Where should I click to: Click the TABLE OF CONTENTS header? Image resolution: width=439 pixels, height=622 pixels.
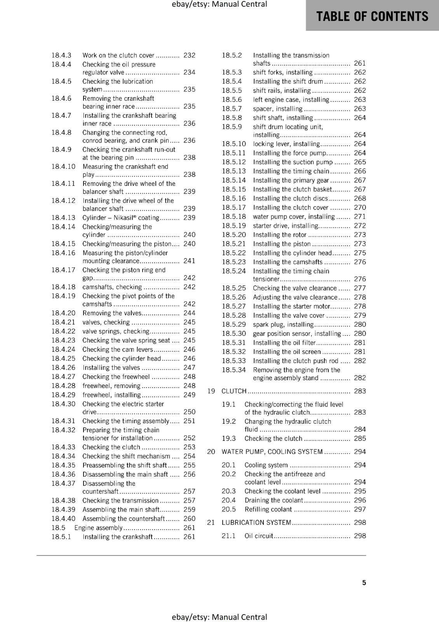(372, 16)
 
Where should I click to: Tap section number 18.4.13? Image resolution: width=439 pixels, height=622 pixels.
(63, 218)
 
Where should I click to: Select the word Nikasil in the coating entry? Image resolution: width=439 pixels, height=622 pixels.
(125, 218)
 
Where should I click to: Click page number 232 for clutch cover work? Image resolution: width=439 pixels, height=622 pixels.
(189, 55)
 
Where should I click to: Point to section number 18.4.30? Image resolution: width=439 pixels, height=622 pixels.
(63, 404)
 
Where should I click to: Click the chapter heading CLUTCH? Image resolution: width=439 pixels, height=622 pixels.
(234, 391)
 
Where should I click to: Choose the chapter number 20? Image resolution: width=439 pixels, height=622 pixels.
(211, 452)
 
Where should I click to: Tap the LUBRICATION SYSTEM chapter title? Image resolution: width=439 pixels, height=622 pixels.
(256, 522)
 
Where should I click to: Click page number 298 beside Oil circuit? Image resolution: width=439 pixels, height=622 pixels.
(360, 536)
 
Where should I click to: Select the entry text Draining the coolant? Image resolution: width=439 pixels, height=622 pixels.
(274, 500)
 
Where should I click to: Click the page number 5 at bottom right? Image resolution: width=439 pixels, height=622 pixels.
(364, 583)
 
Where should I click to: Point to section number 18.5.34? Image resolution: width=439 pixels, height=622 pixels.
(234, 370)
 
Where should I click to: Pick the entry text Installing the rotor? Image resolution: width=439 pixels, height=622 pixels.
(279, 235)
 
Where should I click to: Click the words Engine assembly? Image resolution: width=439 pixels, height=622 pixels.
(98, 528)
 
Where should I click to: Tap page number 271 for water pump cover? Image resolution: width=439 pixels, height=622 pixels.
(360, 217)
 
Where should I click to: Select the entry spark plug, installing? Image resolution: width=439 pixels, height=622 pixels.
(283, 324)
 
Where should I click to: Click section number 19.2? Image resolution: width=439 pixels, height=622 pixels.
(229, 421)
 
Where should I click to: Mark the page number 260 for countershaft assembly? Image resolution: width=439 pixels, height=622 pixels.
(189, 519)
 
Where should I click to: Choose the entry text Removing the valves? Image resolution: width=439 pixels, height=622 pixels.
(112, 313)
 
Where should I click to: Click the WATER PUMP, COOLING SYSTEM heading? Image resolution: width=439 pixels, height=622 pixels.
(272, 452)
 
